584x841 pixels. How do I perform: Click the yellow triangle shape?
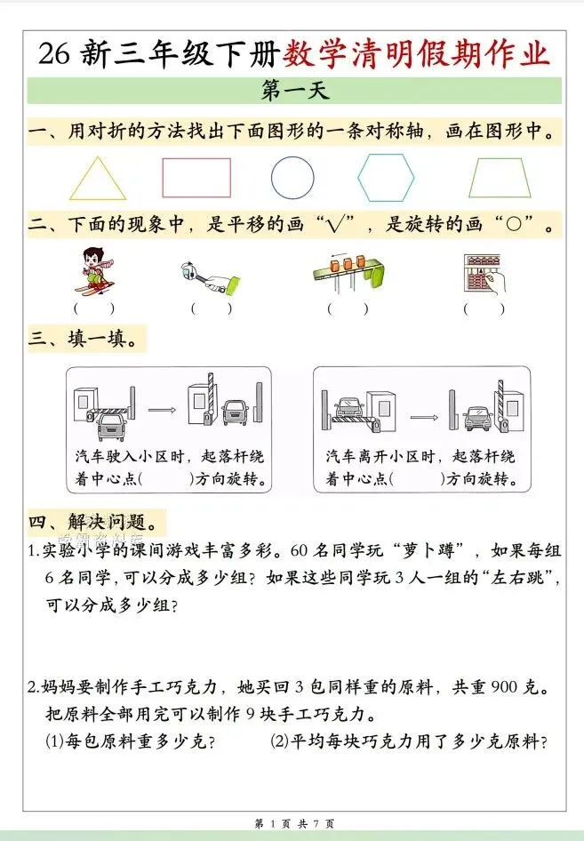tap(98, 179)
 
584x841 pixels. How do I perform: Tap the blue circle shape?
tap(292, 177)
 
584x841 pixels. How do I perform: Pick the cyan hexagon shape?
tap(386, 177)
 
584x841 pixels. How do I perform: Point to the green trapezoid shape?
tap(500, 178)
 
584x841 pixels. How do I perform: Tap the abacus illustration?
tap(484, 272)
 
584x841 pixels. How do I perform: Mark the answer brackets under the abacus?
tap(484, 308)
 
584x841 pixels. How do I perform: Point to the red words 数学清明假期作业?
tap(417, 53)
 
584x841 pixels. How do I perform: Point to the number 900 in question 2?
tap(489, 687)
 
